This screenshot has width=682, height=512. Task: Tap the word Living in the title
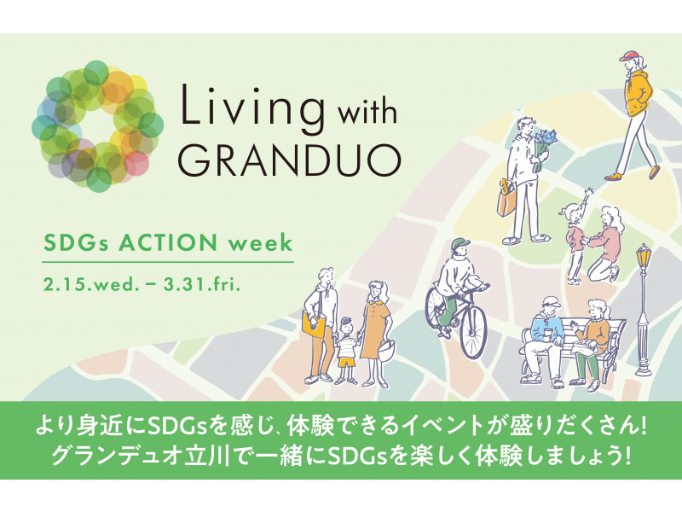pyautogui.click(x=253, y=106)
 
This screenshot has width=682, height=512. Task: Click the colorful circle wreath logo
pyautogui.click(x=97, y=126)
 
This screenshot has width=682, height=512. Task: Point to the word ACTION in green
pyautogui.click(x=168, y=243)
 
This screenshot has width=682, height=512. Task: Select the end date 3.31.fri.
pyautogui.click(x=202, y=285)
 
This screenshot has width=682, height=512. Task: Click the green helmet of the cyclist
pyautogui.click(x=461, y=243)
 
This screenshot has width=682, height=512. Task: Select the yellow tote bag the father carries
pyautogui.click(x=314, y=325)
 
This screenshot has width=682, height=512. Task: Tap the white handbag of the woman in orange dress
pyautogui.click(x=386, y=350)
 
